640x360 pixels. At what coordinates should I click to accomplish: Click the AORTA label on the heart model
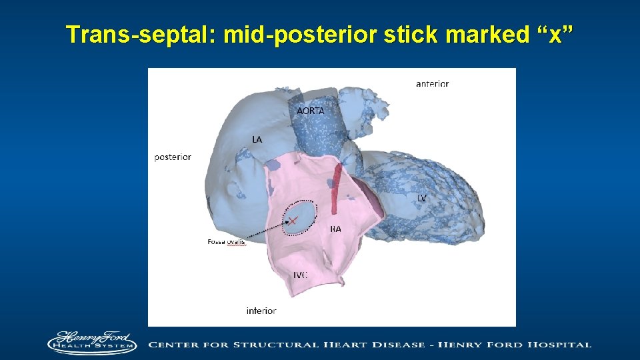coord(311,111)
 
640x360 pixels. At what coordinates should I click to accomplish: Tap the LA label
coord(257,139)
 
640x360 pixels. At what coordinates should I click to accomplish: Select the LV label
coord(422,198)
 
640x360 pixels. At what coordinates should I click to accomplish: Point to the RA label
coord(335,229)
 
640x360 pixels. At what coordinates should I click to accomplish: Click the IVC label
coord(301,275)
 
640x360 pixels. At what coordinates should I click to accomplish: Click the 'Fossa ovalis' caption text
coord(227,241)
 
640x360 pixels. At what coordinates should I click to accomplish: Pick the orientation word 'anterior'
coord(432,84)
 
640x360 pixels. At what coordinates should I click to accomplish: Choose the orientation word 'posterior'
coord(173,157)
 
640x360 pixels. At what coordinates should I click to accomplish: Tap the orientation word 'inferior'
coord(261,311)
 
